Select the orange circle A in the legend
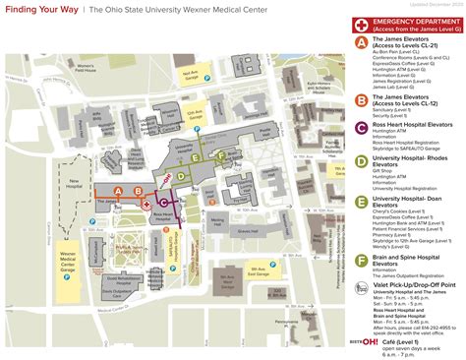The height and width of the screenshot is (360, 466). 362,45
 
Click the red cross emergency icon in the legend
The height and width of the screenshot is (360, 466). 362,23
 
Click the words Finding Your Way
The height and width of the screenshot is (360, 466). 38,9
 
